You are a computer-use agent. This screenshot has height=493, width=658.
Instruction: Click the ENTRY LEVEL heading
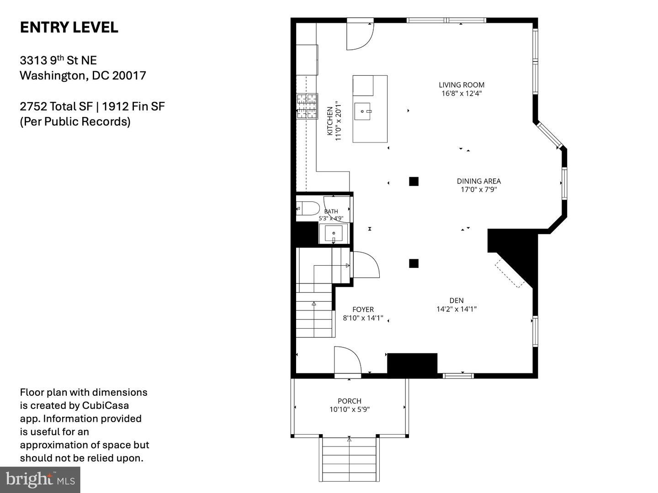pos(69,27)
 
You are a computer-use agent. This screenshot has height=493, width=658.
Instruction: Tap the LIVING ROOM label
pos(462,85)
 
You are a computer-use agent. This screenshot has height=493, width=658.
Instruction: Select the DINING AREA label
pos(479,181)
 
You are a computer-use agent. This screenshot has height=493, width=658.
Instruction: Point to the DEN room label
pos(456,300)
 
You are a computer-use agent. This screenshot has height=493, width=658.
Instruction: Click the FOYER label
pos(363,309)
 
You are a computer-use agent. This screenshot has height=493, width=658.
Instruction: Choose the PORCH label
pos(350,401)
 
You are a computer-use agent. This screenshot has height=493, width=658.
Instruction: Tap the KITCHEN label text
pos(330,121)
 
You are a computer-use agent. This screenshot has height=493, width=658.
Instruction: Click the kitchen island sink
pos(363,111)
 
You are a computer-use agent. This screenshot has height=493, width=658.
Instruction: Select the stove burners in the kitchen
pos(307,106)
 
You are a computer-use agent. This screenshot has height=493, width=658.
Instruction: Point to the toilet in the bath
pos(308,208)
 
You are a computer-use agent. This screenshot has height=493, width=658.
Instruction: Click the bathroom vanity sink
pos(334,234)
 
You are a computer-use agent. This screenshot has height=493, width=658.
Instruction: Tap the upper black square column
pos(414,181)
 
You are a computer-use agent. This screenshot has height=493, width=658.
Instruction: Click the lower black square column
pos(414,263)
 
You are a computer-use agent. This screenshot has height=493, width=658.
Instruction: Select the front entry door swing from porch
pos(348,360)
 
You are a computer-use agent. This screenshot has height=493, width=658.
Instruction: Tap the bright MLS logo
pos(40,480)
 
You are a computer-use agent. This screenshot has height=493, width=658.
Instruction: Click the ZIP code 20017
pos(129,75)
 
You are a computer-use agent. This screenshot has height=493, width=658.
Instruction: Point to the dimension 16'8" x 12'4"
pos(462,94)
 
